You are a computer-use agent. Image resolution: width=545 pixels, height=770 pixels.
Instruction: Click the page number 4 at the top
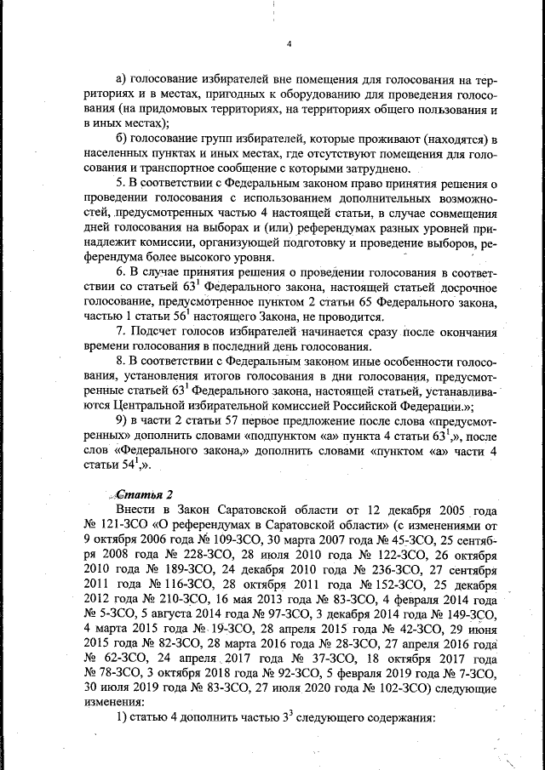click(290, 44)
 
